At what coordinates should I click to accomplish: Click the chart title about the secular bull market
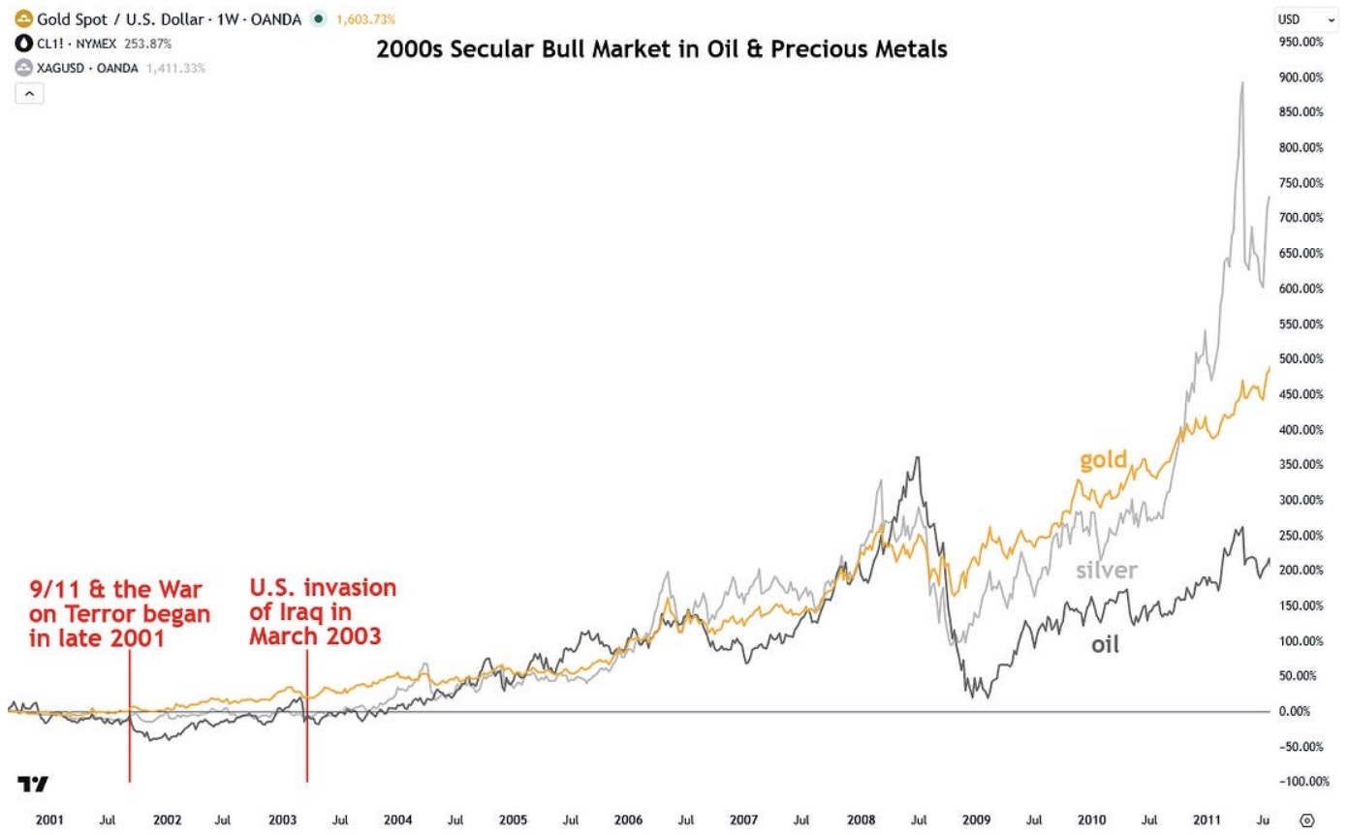coord(662,48)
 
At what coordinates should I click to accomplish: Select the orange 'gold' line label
coord(1104,459)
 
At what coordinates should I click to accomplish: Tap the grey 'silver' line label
coord(1105,570)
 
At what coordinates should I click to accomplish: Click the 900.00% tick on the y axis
coord(1301,77)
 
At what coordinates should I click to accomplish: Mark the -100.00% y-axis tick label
coord(1299,782)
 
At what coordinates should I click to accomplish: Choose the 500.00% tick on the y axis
coord(1301,359)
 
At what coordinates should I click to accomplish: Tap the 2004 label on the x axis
coord(397,820)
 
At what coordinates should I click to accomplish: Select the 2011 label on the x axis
coord(1206,820)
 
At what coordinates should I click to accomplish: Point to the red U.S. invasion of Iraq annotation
coord(323,612)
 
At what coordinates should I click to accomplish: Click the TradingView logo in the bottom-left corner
coord(32,784)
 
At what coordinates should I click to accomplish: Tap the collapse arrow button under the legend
coord(28,93)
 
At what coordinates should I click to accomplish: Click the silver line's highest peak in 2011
coord(1242,83)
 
